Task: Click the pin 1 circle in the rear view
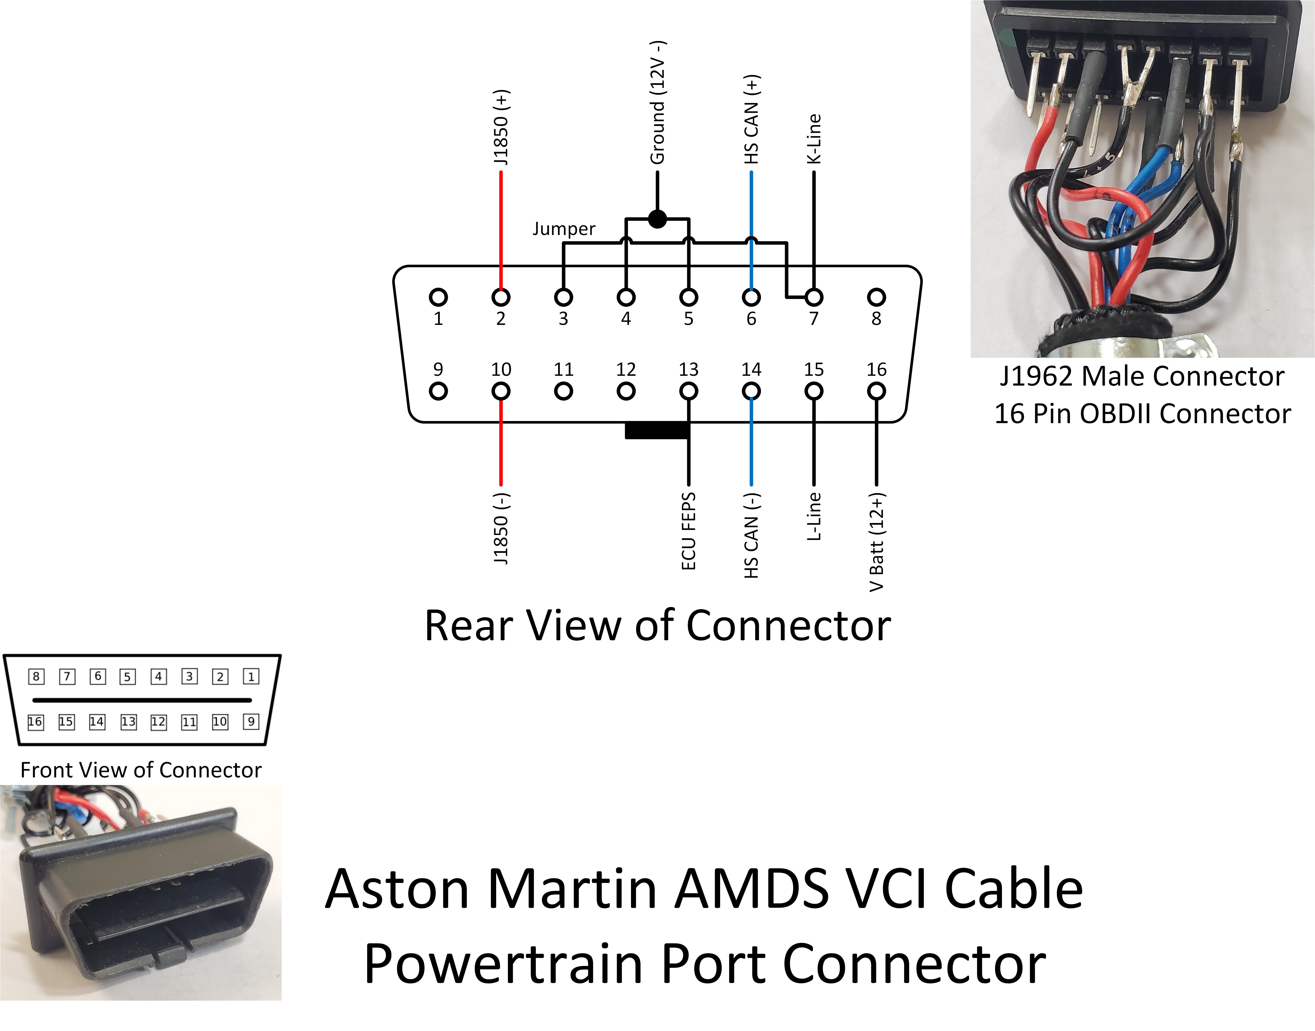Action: coord(438,297)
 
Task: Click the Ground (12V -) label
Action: coord(657,103)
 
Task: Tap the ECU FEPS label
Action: coord(689,531)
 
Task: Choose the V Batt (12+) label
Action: coord(876,542)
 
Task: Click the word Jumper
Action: coord(564,229)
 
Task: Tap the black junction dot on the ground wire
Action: coord(657,219)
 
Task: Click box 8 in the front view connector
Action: coord(36,677)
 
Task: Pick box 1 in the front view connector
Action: coord(251,677)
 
